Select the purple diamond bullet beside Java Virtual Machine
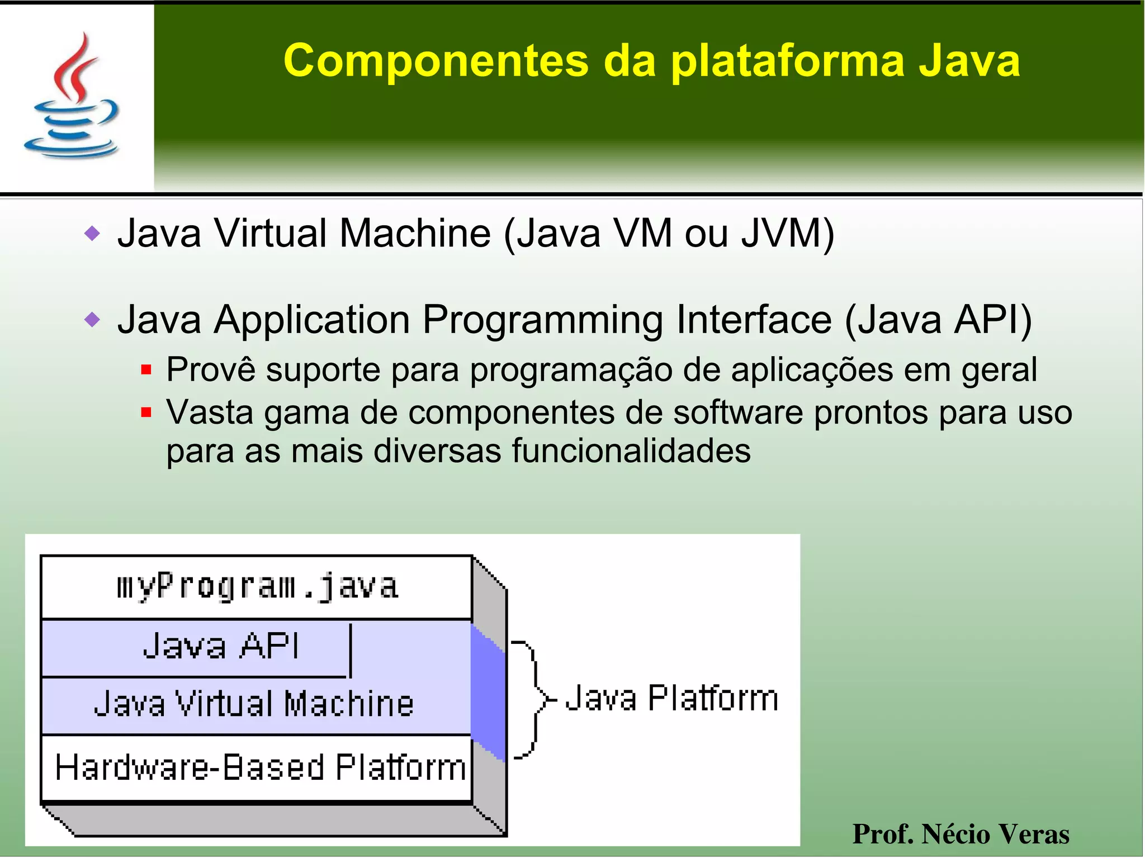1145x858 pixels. (x=92, y=233)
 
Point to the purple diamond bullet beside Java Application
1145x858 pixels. (x=92, y=320)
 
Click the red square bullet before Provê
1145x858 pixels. (x=146, y=369)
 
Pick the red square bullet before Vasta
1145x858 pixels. (x=146, y=413)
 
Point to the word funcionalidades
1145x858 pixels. (x=631, y=451)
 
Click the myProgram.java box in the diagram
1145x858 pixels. (x=257, y=587)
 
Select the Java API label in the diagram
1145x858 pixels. (x=221, y=647)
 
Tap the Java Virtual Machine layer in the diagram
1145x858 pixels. (x=254, y=704)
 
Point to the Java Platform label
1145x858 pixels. (x=671, y=699)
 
